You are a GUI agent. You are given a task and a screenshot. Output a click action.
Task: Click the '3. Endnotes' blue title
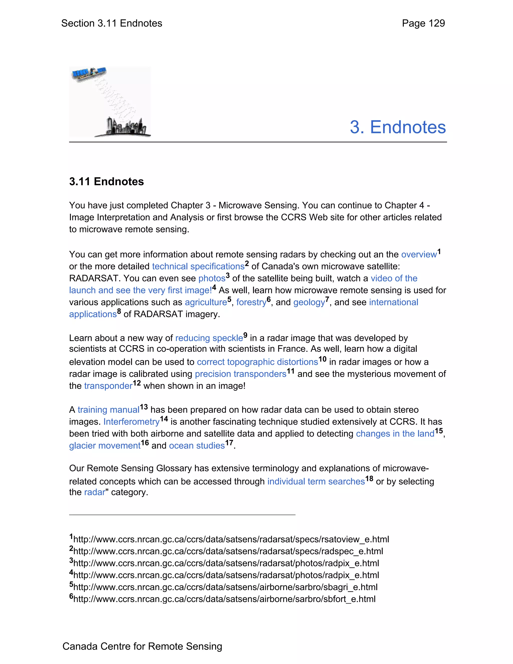pos(398,127)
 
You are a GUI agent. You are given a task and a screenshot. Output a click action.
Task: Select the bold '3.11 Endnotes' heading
pos(106,181)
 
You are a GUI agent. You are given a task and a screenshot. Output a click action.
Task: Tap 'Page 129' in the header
pos(423,23)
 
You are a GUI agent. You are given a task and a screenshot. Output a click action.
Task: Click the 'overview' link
pos(419,255)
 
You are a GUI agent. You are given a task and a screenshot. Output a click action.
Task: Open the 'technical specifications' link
pos(198,266)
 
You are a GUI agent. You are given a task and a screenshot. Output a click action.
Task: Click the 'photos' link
pos(212,278)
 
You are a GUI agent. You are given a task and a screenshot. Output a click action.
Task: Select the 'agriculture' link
pos(206,302)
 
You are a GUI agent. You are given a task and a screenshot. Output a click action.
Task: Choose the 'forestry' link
pos(251,302)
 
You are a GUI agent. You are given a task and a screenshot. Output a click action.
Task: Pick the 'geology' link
pos(309,302)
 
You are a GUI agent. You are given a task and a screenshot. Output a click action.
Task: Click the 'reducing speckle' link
pos(209,338)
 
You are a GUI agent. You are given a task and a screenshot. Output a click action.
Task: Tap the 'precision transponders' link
pos(241,374)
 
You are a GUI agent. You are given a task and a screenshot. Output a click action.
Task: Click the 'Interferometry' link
pos(131,422)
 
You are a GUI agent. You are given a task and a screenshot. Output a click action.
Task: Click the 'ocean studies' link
pos(197,446)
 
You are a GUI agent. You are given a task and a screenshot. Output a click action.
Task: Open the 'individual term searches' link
pos(316,482)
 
